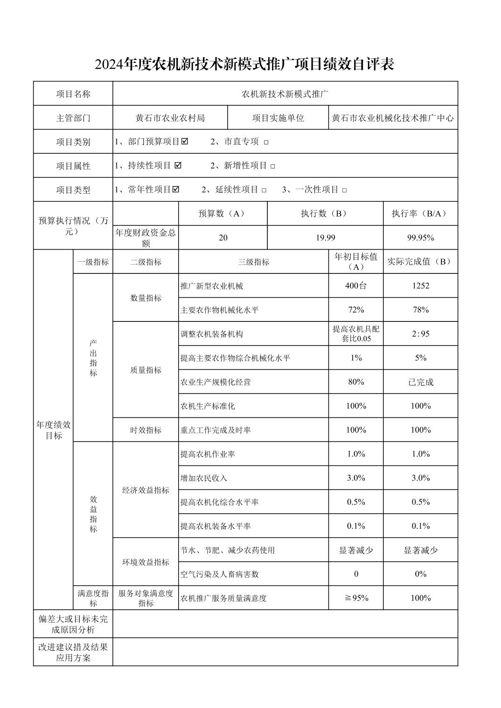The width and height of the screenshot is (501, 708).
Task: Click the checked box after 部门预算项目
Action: click(x=185, y=141)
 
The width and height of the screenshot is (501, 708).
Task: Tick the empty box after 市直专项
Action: click(x=266, y=143)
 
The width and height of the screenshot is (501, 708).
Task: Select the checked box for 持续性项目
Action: click(x=178, y=165)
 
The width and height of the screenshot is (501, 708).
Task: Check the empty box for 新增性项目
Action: click(x=273, y=166)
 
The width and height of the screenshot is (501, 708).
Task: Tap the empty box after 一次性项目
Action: click(x=345, y=190)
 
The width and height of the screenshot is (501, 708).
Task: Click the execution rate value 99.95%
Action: click(x=420, y=238)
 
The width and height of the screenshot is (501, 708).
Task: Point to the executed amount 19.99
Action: click(x=325, y=238)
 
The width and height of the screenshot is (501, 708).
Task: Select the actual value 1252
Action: click(x=420, y=286)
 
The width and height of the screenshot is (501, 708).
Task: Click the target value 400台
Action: click(x=356, y=286)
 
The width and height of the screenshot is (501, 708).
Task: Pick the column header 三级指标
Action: click(x=253, y=262)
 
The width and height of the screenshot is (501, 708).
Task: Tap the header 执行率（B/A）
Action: click(x=420, y=213)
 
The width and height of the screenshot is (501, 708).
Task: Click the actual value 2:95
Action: click(x=420, y=334)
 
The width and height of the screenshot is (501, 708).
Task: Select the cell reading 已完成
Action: click(x=420, y=382)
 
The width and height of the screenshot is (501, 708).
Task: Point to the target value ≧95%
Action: click(x=356, y=598)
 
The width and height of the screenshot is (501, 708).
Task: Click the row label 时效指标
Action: click(x=146, y=430)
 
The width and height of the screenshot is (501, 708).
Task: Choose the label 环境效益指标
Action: click(x=146, y=562)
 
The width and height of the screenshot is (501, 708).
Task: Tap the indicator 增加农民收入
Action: click(x=204, y=478)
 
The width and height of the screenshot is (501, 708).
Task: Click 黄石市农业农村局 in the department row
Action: click(x=170, y=118)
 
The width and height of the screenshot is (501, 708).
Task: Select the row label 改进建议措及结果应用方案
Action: click(x=73, y=652)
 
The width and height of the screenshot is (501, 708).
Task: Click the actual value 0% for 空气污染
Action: click(x=420, y=574)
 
